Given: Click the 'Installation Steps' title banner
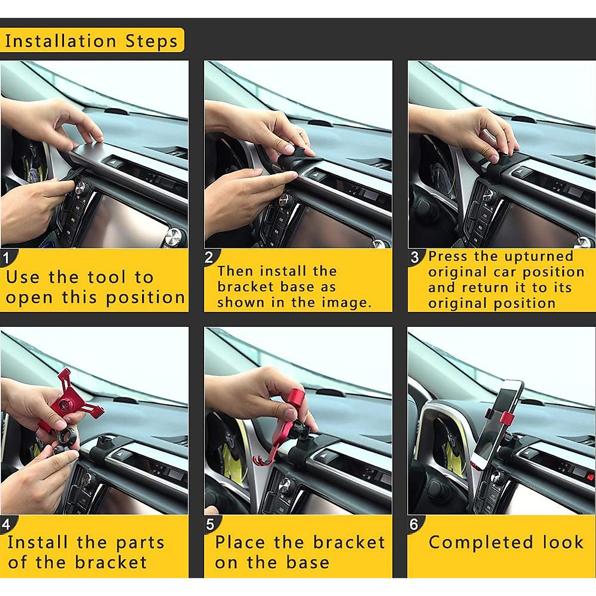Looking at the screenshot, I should (x=91, y=40).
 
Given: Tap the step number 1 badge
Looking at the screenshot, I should (x=6, y=258).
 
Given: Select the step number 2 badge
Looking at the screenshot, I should (x=210, y=257).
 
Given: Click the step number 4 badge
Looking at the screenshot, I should (x=6, y=524).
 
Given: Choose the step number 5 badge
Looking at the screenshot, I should (x=210, y=524).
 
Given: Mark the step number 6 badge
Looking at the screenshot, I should (x=414, y=524).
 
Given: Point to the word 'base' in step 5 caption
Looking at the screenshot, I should (x=307, y=563).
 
